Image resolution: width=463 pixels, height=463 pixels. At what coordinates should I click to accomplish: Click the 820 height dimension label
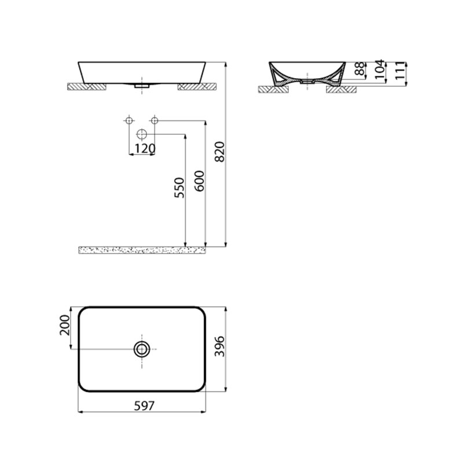(x=220, y=152)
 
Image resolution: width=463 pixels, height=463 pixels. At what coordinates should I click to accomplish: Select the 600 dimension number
(x=200, y=181)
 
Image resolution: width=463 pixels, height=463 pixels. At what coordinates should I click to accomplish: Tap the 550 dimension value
(x=179, y=188)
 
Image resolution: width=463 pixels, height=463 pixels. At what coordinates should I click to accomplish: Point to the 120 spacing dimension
(x=145, y=149)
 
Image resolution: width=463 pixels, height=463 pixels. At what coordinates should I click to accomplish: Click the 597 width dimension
(x=144, y=406)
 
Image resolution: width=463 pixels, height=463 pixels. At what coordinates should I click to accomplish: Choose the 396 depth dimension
(x=220, y=346)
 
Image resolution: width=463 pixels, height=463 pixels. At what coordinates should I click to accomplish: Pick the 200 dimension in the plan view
(x=65, y=325)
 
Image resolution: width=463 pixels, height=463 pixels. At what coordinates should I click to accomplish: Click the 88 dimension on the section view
(x=359, y=68)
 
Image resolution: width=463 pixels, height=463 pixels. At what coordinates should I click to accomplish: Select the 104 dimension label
(x=380, y=69)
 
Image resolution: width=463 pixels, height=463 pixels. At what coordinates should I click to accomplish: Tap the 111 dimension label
(x=400, y=71)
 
